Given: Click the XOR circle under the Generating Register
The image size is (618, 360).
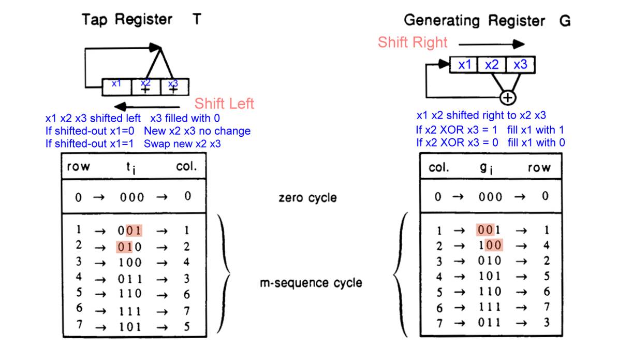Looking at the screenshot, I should [x=508, y=97].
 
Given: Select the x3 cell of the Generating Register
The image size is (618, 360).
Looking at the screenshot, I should [x=520, y=65].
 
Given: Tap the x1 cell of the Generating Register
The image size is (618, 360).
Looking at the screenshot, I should [x=464, y=65].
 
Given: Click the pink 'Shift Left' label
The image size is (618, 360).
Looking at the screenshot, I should [x=224, y=103].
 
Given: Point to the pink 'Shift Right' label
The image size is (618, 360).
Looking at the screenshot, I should [x=413, y=42].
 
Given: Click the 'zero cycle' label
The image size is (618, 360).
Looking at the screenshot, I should [x=307, y=197].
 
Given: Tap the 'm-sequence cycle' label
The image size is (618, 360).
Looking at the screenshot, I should [x=311, y=283].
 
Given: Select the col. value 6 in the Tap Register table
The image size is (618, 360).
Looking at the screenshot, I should [x=187, y=294].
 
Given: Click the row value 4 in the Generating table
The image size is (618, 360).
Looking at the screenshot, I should [x=546, y=245].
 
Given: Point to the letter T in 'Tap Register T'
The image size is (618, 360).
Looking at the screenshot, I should [x=197, y=20].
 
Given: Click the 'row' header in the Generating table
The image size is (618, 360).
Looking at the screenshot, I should [x=539, y=167].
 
